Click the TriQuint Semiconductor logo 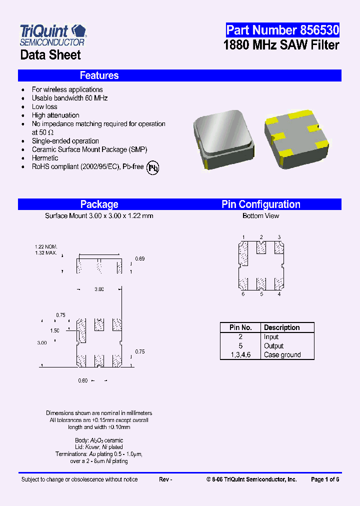(x=53, y=34)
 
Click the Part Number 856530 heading (x=282, y=30)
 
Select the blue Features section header (x=179, y=75)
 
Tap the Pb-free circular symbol (x=153, y=167)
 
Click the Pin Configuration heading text (x=260, y=204)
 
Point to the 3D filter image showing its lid (x=223, y=137)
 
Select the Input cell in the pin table (x=271, y=337)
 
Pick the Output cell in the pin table (x=273, y=346)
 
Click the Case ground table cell (x=282, y=355)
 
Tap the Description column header (x=281, y=327)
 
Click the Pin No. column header (x=240, y=327)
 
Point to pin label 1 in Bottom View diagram (x=243, y=237)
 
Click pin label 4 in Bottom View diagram (x=279, y=294)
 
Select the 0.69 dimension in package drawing (x=140, y=258)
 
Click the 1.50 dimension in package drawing (x=55, y=330)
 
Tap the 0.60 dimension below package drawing (x=82, y=380)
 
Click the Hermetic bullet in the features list (x=45, y=158)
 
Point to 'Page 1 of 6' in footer (x=325, y=479)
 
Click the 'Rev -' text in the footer (x=165, y=479)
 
